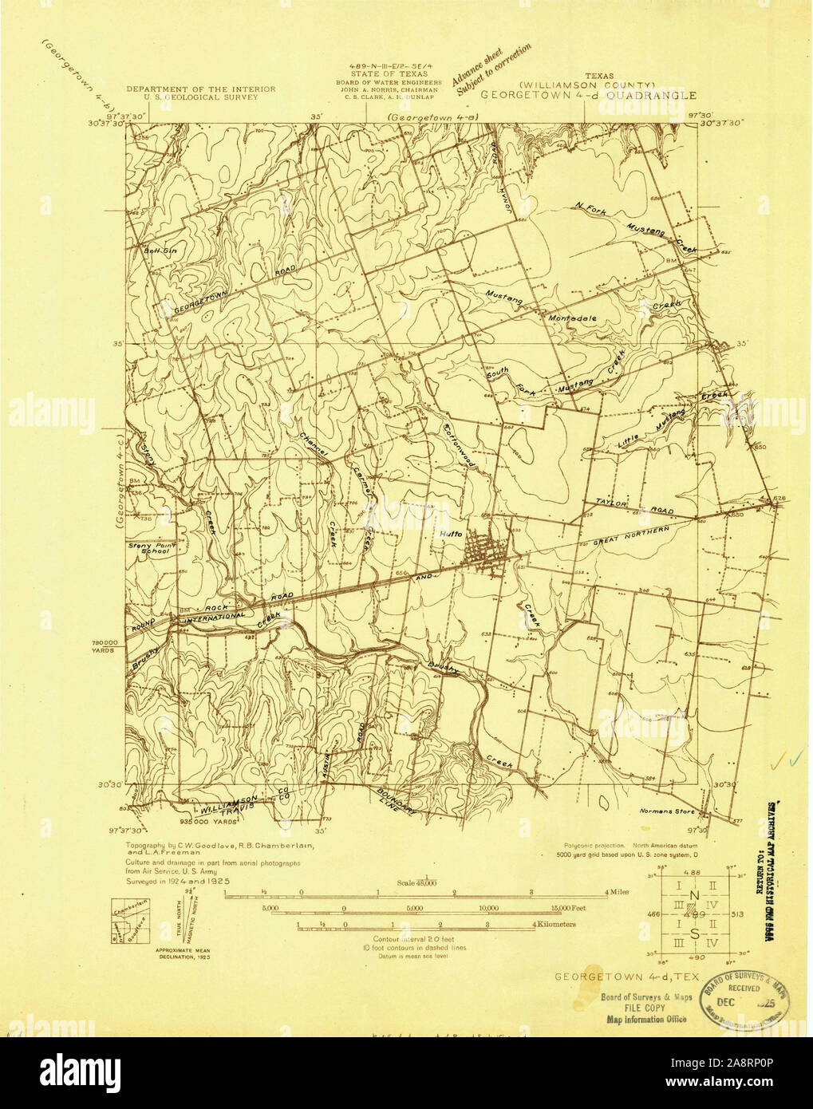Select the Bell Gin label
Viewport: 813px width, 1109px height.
(x=153, y=252)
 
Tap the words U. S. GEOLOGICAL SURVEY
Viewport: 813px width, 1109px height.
(x=201, y=96)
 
